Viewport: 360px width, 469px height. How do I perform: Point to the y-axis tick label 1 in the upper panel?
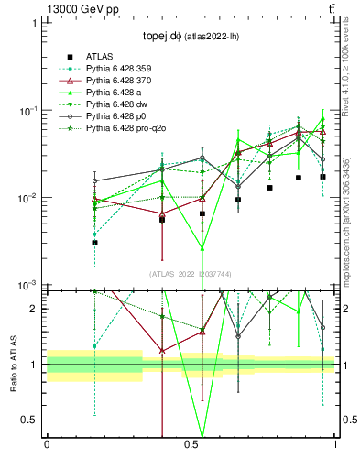click(34, 22)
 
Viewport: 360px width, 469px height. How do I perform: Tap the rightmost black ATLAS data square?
click(322, 177)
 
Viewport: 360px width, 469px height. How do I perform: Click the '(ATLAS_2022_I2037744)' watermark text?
click(191, 273)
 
